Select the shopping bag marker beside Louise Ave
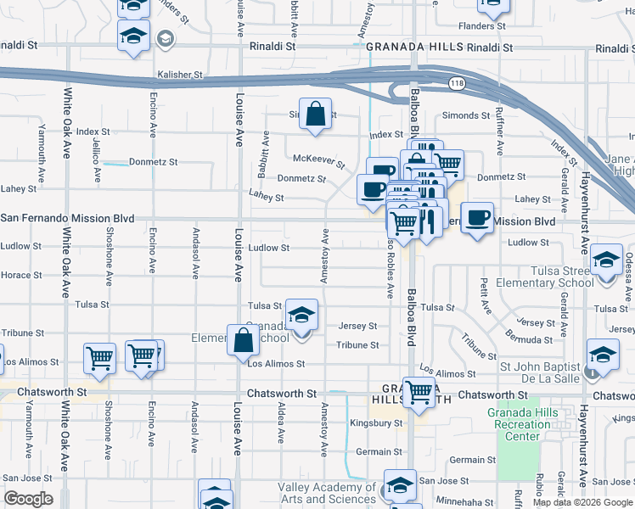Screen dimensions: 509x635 tap(244, 340)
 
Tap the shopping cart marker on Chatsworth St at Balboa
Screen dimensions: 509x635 tap(419, 392)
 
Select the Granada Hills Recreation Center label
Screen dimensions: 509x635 tap(520, 424)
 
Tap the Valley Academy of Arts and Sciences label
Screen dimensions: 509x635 tap(327, 493)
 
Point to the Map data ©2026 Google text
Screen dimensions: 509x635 tap(582, 502)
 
